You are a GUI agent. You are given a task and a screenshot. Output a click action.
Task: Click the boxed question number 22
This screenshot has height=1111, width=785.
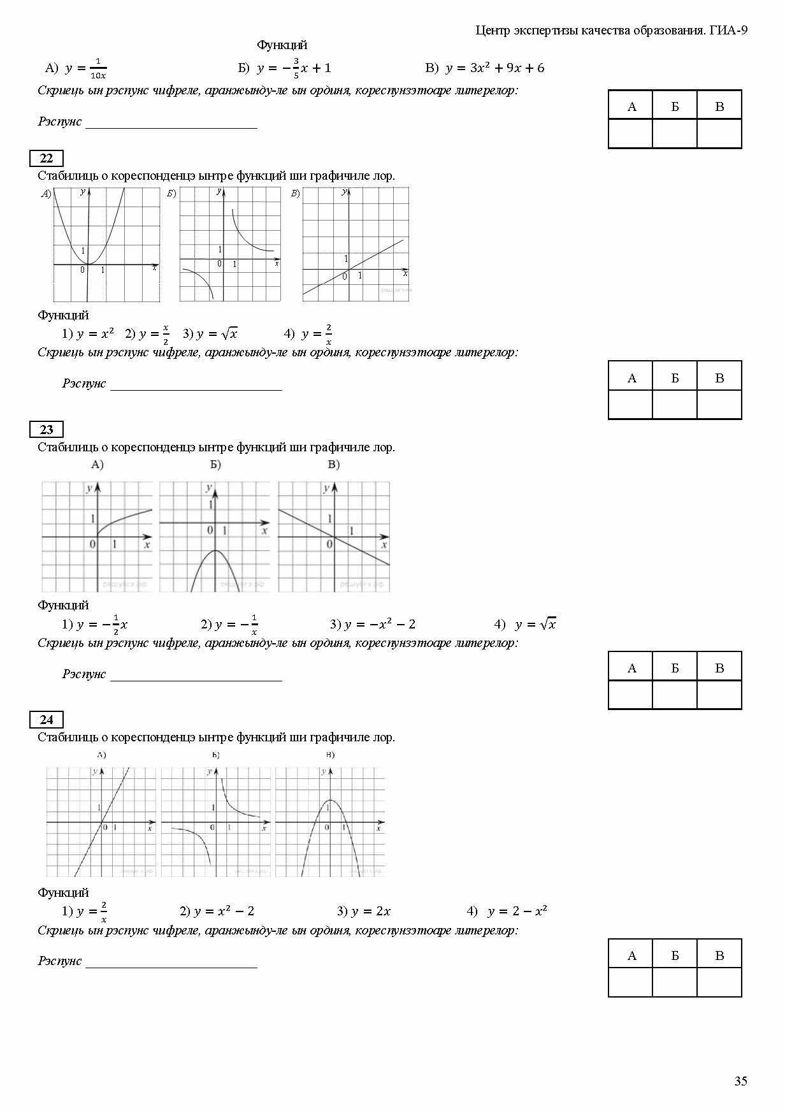click(x=47, y=159)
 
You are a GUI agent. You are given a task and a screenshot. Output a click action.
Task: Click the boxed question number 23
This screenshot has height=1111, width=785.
click(x=47, y=430)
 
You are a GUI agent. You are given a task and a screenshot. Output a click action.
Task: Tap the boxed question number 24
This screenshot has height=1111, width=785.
click(x=47, y=720)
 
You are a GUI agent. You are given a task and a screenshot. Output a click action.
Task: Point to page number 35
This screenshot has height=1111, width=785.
click(x=740, y=1081)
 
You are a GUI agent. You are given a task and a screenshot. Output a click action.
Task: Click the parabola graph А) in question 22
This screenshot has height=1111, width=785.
click(x=106, y=244)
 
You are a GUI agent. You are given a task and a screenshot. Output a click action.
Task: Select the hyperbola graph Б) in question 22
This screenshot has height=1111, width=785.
click(x=230, y=244)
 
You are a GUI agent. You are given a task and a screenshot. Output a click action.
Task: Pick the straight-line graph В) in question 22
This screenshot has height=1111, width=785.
click(x=356, y=244)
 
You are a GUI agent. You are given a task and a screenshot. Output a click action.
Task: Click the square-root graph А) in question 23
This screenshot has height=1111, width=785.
click(x=97, y=537)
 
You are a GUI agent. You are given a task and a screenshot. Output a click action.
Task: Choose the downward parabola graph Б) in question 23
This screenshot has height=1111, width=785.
click(x=215, y=537)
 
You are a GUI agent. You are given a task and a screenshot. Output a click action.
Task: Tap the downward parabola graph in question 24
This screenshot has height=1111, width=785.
click(x=330, y=822)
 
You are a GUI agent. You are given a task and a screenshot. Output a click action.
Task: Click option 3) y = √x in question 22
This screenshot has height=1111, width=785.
click(x=210, y=333)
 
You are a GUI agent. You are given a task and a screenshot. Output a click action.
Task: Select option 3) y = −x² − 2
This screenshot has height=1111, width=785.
click(x=373, y=624)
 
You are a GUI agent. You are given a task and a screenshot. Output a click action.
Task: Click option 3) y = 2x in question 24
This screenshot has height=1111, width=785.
click(x=364, y=911)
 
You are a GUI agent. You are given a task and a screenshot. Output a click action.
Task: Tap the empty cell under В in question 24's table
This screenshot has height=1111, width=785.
click(x=719, y=982)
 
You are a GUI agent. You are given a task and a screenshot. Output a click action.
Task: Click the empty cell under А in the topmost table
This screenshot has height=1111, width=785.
click(x=631, y=134)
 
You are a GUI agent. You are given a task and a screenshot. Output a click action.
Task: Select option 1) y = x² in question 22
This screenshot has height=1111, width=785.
click(x=88, y=333)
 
